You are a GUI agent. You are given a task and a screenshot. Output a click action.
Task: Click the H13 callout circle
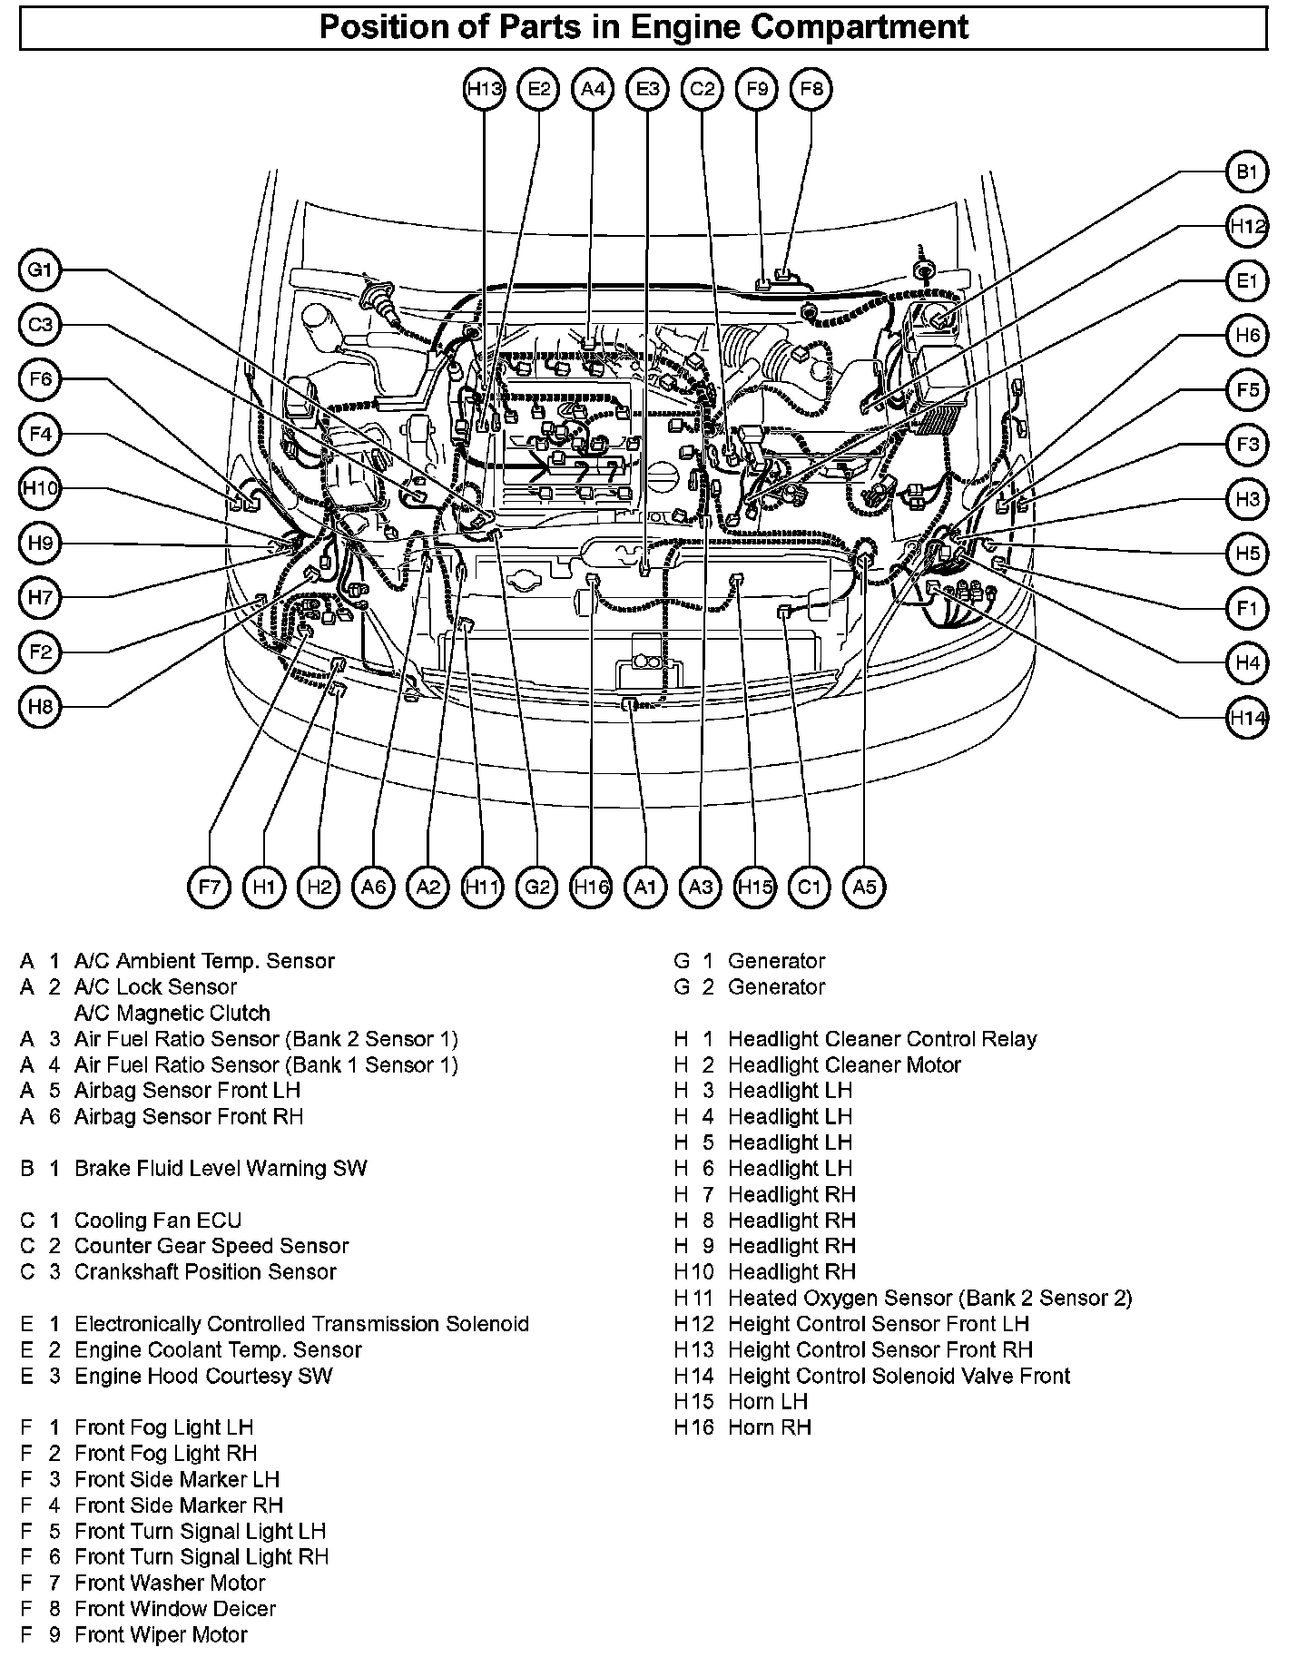484,89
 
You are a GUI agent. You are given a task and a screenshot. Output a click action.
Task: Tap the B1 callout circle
1247,172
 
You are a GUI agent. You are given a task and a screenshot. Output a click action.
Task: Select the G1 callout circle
41,270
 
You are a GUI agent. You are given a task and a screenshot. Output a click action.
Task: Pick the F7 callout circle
210,887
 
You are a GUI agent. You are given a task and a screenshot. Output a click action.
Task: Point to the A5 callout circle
864,887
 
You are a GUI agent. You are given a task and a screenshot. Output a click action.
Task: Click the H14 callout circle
1247,718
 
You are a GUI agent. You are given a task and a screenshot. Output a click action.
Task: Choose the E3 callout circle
647,89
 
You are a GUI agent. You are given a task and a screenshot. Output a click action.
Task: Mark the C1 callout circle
809,887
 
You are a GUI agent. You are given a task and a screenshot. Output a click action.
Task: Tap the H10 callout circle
41,488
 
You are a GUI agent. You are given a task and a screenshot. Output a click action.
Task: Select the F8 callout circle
811,89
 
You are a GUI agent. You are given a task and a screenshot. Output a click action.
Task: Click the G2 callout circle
537,887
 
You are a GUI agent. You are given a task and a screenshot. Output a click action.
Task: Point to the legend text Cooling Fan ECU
158,1221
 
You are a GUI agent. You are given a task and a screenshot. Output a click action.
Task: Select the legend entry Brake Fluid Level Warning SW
221,1169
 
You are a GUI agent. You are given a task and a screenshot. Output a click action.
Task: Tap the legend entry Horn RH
769,1427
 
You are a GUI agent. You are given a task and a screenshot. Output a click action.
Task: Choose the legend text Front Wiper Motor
161,1635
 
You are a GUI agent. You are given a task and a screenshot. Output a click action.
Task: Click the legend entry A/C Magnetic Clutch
172,1013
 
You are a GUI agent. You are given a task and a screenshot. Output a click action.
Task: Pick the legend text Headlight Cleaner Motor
844,1064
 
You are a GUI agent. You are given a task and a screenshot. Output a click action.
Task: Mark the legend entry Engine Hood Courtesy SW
203,1376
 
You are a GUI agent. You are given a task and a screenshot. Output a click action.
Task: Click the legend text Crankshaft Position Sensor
205,1272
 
